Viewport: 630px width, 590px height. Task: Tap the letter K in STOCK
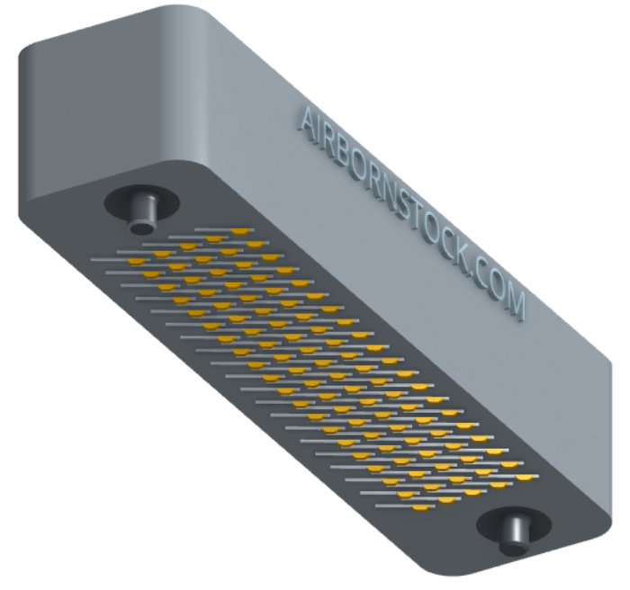(463, 262)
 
